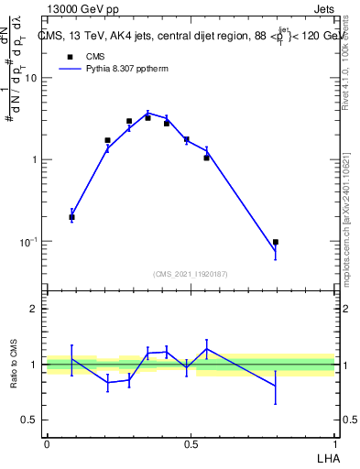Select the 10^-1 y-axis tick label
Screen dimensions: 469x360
click(29, 241)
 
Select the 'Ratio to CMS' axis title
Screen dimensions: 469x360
click(14, 364)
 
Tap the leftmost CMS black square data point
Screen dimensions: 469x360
click(71, 217)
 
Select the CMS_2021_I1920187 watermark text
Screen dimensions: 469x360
click(190, 273)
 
